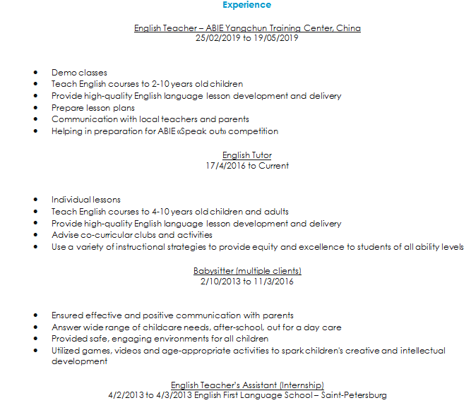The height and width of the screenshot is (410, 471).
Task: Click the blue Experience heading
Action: [x=246, y=5]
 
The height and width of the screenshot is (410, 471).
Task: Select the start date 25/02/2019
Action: [x=217, y=38]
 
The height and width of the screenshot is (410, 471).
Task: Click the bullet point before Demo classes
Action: [x=36, y=73]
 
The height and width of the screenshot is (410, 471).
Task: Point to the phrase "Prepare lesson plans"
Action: [x=93, y=108]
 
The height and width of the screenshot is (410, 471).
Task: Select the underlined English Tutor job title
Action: [x=247, y=155]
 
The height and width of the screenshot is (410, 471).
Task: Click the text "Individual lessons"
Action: [x=85, y=200]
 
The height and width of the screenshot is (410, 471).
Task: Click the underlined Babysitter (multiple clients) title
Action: [x=247, y=271]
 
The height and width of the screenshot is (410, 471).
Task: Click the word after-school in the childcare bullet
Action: [x=239, y=327]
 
